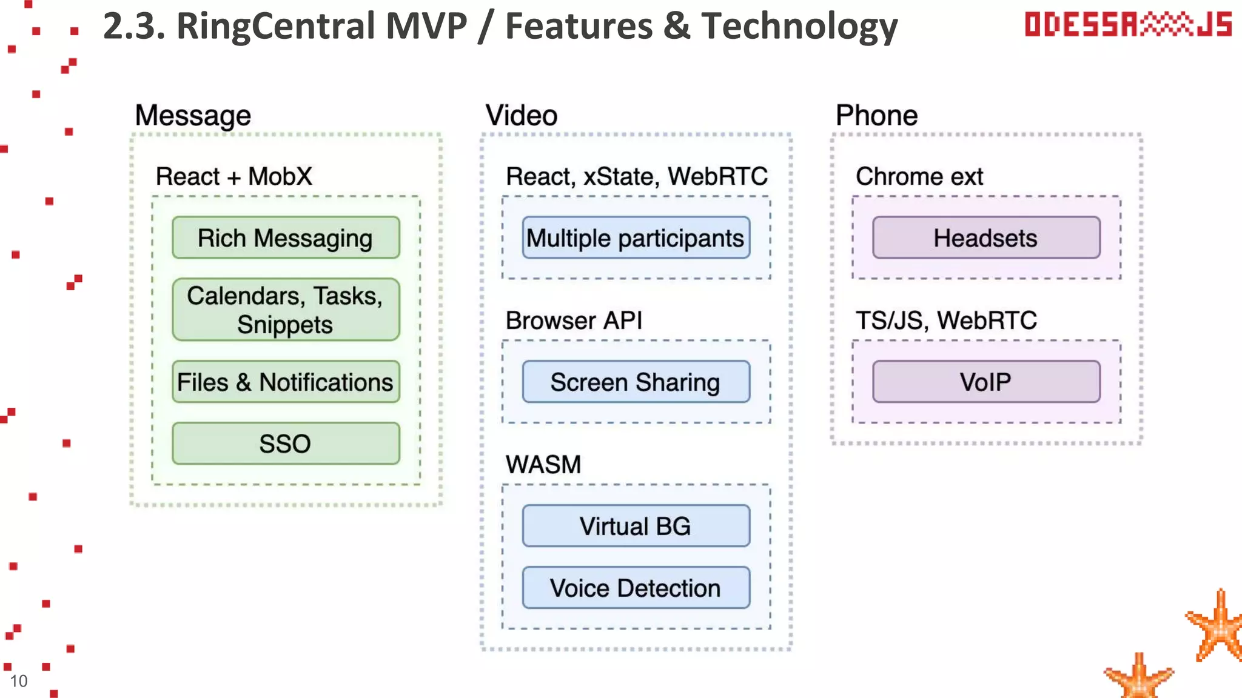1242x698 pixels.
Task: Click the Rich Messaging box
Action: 286,238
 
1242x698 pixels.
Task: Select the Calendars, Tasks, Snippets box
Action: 286,310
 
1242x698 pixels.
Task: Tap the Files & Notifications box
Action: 286,382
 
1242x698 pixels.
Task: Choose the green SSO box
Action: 286,444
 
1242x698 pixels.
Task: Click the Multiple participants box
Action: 636,238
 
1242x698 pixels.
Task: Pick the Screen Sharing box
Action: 636,382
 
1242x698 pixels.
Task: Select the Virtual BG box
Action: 636,526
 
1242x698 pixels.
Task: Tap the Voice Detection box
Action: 636,588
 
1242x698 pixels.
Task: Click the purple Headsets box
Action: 986,238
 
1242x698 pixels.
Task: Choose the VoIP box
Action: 986,382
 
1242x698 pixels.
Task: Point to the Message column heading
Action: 193,115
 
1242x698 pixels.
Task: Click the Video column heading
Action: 522,115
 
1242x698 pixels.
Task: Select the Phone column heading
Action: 877,115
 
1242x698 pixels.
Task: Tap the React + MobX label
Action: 234,176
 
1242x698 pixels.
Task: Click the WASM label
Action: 543,465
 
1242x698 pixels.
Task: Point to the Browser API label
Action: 574,321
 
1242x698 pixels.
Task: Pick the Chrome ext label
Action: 919,176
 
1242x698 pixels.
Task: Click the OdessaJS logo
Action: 1128,24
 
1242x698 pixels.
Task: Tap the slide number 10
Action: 19,681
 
